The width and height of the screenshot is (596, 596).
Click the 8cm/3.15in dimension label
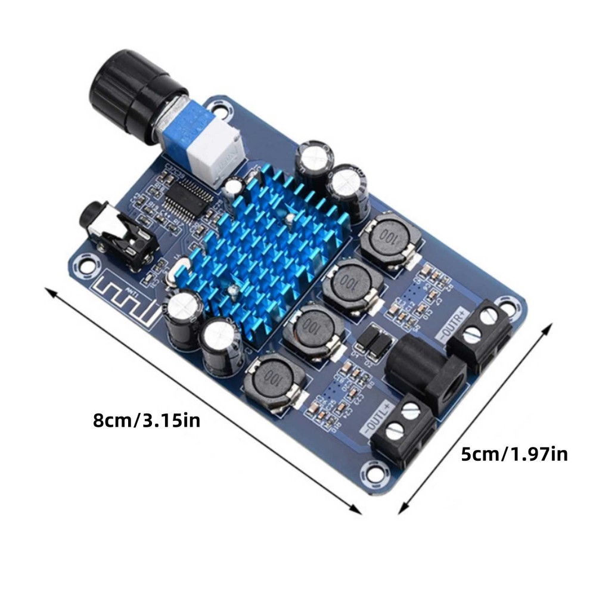tap(147, 420)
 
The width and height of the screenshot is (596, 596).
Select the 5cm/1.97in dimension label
tap(514, 455)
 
